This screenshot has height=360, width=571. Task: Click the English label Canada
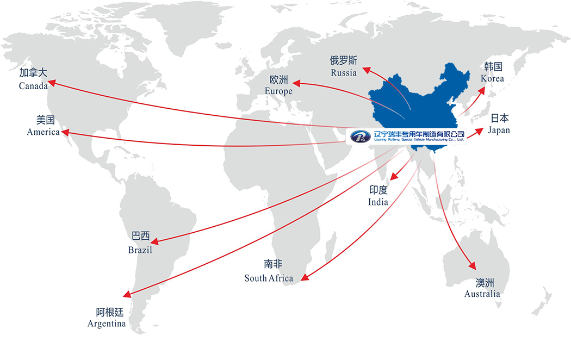[33, 85]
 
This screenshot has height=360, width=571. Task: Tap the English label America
[43, 132]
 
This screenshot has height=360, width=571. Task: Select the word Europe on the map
[278, 91]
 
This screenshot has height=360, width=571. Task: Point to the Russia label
[344, 72]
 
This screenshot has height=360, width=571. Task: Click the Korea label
[492, 78]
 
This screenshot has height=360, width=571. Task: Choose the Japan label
[499, 130]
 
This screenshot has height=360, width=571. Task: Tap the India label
[378, 202]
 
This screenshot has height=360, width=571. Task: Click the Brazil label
[140, 250]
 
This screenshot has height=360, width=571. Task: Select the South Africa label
[269, 278]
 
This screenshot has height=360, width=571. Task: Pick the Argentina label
[107, 324]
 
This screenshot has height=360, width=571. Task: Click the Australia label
[482, 294]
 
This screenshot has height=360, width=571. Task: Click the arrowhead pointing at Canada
[52, 83]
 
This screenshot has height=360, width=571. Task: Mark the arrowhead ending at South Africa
[305, 279]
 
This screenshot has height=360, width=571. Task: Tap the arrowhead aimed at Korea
[484, 89]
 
